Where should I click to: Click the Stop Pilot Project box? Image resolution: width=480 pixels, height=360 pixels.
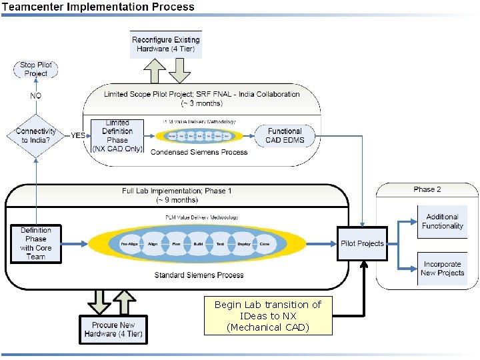36,69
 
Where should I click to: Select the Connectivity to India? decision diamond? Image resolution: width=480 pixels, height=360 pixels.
36,135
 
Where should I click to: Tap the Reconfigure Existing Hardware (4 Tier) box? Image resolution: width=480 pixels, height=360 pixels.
166,45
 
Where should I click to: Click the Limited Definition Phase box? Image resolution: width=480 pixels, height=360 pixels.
117,136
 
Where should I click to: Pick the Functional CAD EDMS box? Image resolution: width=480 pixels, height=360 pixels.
285,135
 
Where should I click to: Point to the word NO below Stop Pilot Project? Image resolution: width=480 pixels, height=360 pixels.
36,96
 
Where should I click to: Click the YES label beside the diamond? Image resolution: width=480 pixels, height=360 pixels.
78,135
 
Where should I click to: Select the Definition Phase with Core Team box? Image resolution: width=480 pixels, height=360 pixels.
36,243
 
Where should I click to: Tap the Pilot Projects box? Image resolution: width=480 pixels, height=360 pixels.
362,243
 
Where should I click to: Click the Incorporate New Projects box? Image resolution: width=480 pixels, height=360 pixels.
442,268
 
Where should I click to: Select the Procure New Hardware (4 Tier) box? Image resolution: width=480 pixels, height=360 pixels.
113,329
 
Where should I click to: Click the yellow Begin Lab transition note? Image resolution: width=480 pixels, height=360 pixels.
268,316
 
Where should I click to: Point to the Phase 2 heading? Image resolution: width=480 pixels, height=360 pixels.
427,189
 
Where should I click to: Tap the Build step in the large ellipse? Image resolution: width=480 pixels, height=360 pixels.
198,244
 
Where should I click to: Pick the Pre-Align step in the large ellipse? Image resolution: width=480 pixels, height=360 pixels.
129,244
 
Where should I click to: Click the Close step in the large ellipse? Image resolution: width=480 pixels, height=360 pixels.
265,244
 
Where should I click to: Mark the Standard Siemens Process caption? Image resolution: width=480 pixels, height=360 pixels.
199,275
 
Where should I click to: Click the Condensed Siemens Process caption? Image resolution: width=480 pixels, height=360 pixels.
199,152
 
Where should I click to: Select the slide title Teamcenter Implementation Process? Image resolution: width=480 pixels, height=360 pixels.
98,7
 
